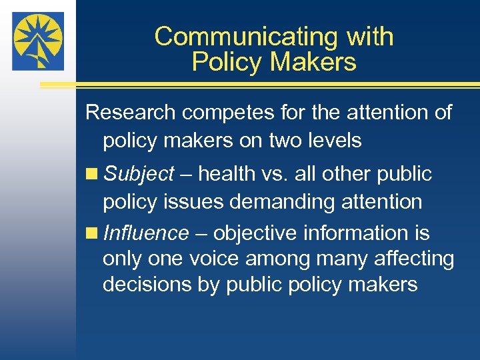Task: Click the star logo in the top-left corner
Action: click(x=37, y=41)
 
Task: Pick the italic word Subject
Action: click(x=139, y=175)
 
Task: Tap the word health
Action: click(x=229, y=174)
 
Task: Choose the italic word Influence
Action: click(x=147, y=233)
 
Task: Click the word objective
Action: click(x=253, y=233)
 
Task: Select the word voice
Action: click(x=202, y=259)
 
